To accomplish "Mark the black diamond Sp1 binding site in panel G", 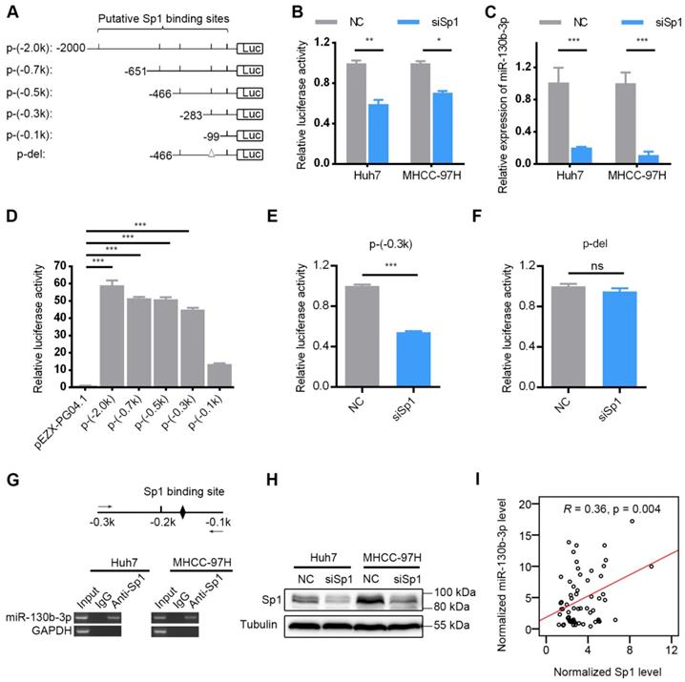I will [x=182, y=523].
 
